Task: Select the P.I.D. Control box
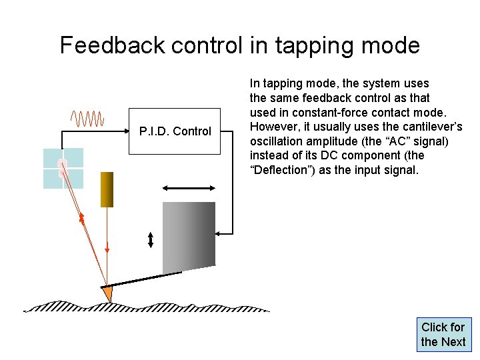tap(175, 131)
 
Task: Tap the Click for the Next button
tap(443, 335)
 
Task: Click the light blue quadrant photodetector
tap(63, 168)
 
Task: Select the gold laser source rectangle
tap(107, 189)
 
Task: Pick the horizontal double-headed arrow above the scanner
tap(189, 189)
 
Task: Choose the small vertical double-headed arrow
tap(151, 239)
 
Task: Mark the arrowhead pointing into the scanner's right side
tap(220, 233)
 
